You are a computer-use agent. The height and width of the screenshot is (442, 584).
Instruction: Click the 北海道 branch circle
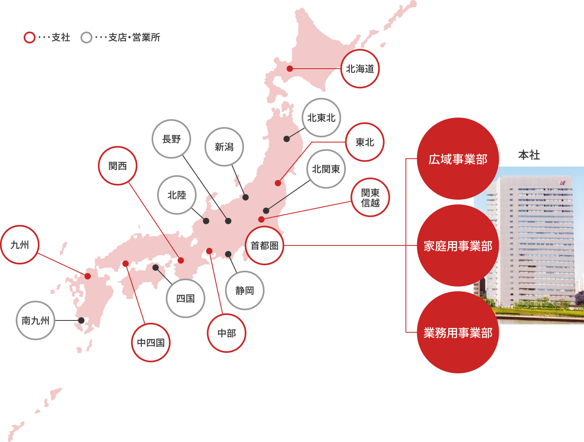point(360,69)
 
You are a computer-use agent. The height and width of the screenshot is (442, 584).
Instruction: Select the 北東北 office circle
point(321,118)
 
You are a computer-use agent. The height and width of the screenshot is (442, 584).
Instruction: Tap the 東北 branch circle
point(365,142)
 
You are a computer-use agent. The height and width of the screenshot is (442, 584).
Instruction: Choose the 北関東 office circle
point(326,169)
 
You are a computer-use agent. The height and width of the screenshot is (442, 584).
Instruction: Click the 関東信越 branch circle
point(370,197)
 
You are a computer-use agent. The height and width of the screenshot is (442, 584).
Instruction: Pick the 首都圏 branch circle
point(264,245)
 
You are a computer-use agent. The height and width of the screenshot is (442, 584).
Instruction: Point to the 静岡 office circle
point(245,290)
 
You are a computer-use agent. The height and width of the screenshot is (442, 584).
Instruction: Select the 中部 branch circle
point(226,333)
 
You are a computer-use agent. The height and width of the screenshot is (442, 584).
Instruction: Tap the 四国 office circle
point(185,298)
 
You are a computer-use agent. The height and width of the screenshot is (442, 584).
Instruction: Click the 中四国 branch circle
point(151,343)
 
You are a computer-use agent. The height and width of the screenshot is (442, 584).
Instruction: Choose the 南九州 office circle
point(36,320)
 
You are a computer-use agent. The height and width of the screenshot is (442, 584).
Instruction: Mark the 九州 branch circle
point(20,245)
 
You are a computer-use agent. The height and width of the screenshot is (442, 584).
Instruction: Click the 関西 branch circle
point(118,166)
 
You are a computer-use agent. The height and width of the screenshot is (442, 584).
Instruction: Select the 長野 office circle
point(171,139)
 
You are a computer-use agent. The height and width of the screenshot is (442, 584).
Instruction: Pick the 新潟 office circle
point(224,147)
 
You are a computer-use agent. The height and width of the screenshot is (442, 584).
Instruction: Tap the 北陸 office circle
point(177,195)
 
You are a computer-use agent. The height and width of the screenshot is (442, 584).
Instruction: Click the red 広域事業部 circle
point(458,159)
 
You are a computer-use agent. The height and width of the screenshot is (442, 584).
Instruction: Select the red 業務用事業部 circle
point(458,332)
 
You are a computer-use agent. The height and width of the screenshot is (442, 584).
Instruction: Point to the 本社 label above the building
point(529,155)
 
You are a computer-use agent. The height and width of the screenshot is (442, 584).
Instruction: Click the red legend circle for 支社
point(30,37)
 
